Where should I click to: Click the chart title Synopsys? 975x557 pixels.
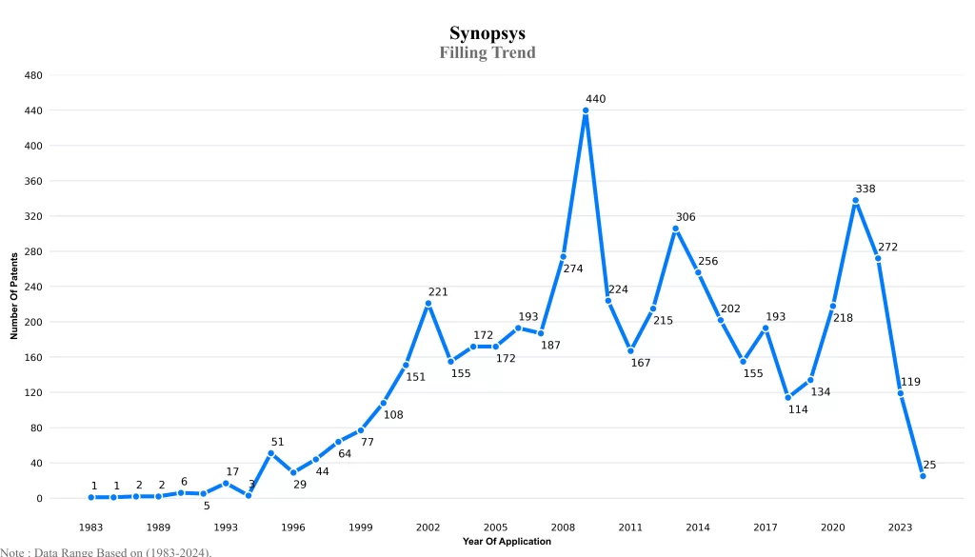click(487, 33)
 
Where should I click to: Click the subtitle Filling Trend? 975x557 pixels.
click(487, 52)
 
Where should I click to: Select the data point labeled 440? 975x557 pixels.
click(586, 110)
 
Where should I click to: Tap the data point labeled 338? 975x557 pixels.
click(855, 201)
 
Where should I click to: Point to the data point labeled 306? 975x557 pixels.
click(675, 229)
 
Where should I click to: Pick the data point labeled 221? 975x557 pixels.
click(428, 304)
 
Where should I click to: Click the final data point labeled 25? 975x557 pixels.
click(923, 476)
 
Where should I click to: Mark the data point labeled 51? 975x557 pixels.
click(270, 453)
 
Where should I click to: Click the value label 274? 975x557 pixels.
click(573, 269)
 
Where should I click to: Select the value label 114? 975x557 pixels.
click(798, 410)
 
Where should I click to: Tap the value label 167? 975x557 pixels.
click(641, 364)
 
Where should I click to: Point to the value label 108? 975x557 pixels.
click(393, 415)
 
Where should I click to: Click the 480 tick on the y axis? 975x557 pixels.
click(33, 75)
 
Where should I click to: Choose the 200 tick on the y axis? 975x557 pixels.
click(33, 322)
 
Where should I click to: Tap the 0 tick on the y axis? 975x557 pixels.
click(39, 498)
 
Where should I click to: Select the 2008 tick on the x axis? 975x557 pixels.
click(563, 527)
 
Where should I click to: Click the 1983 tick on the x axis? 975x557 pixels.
click(91, 527)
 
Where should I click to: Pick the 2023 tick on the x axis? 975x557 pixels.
click(900, 527)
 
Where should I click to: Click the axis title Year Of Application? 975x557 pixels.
click(507, 542)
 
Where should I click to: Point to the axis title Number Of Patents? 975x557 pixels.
click(14, 296)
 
